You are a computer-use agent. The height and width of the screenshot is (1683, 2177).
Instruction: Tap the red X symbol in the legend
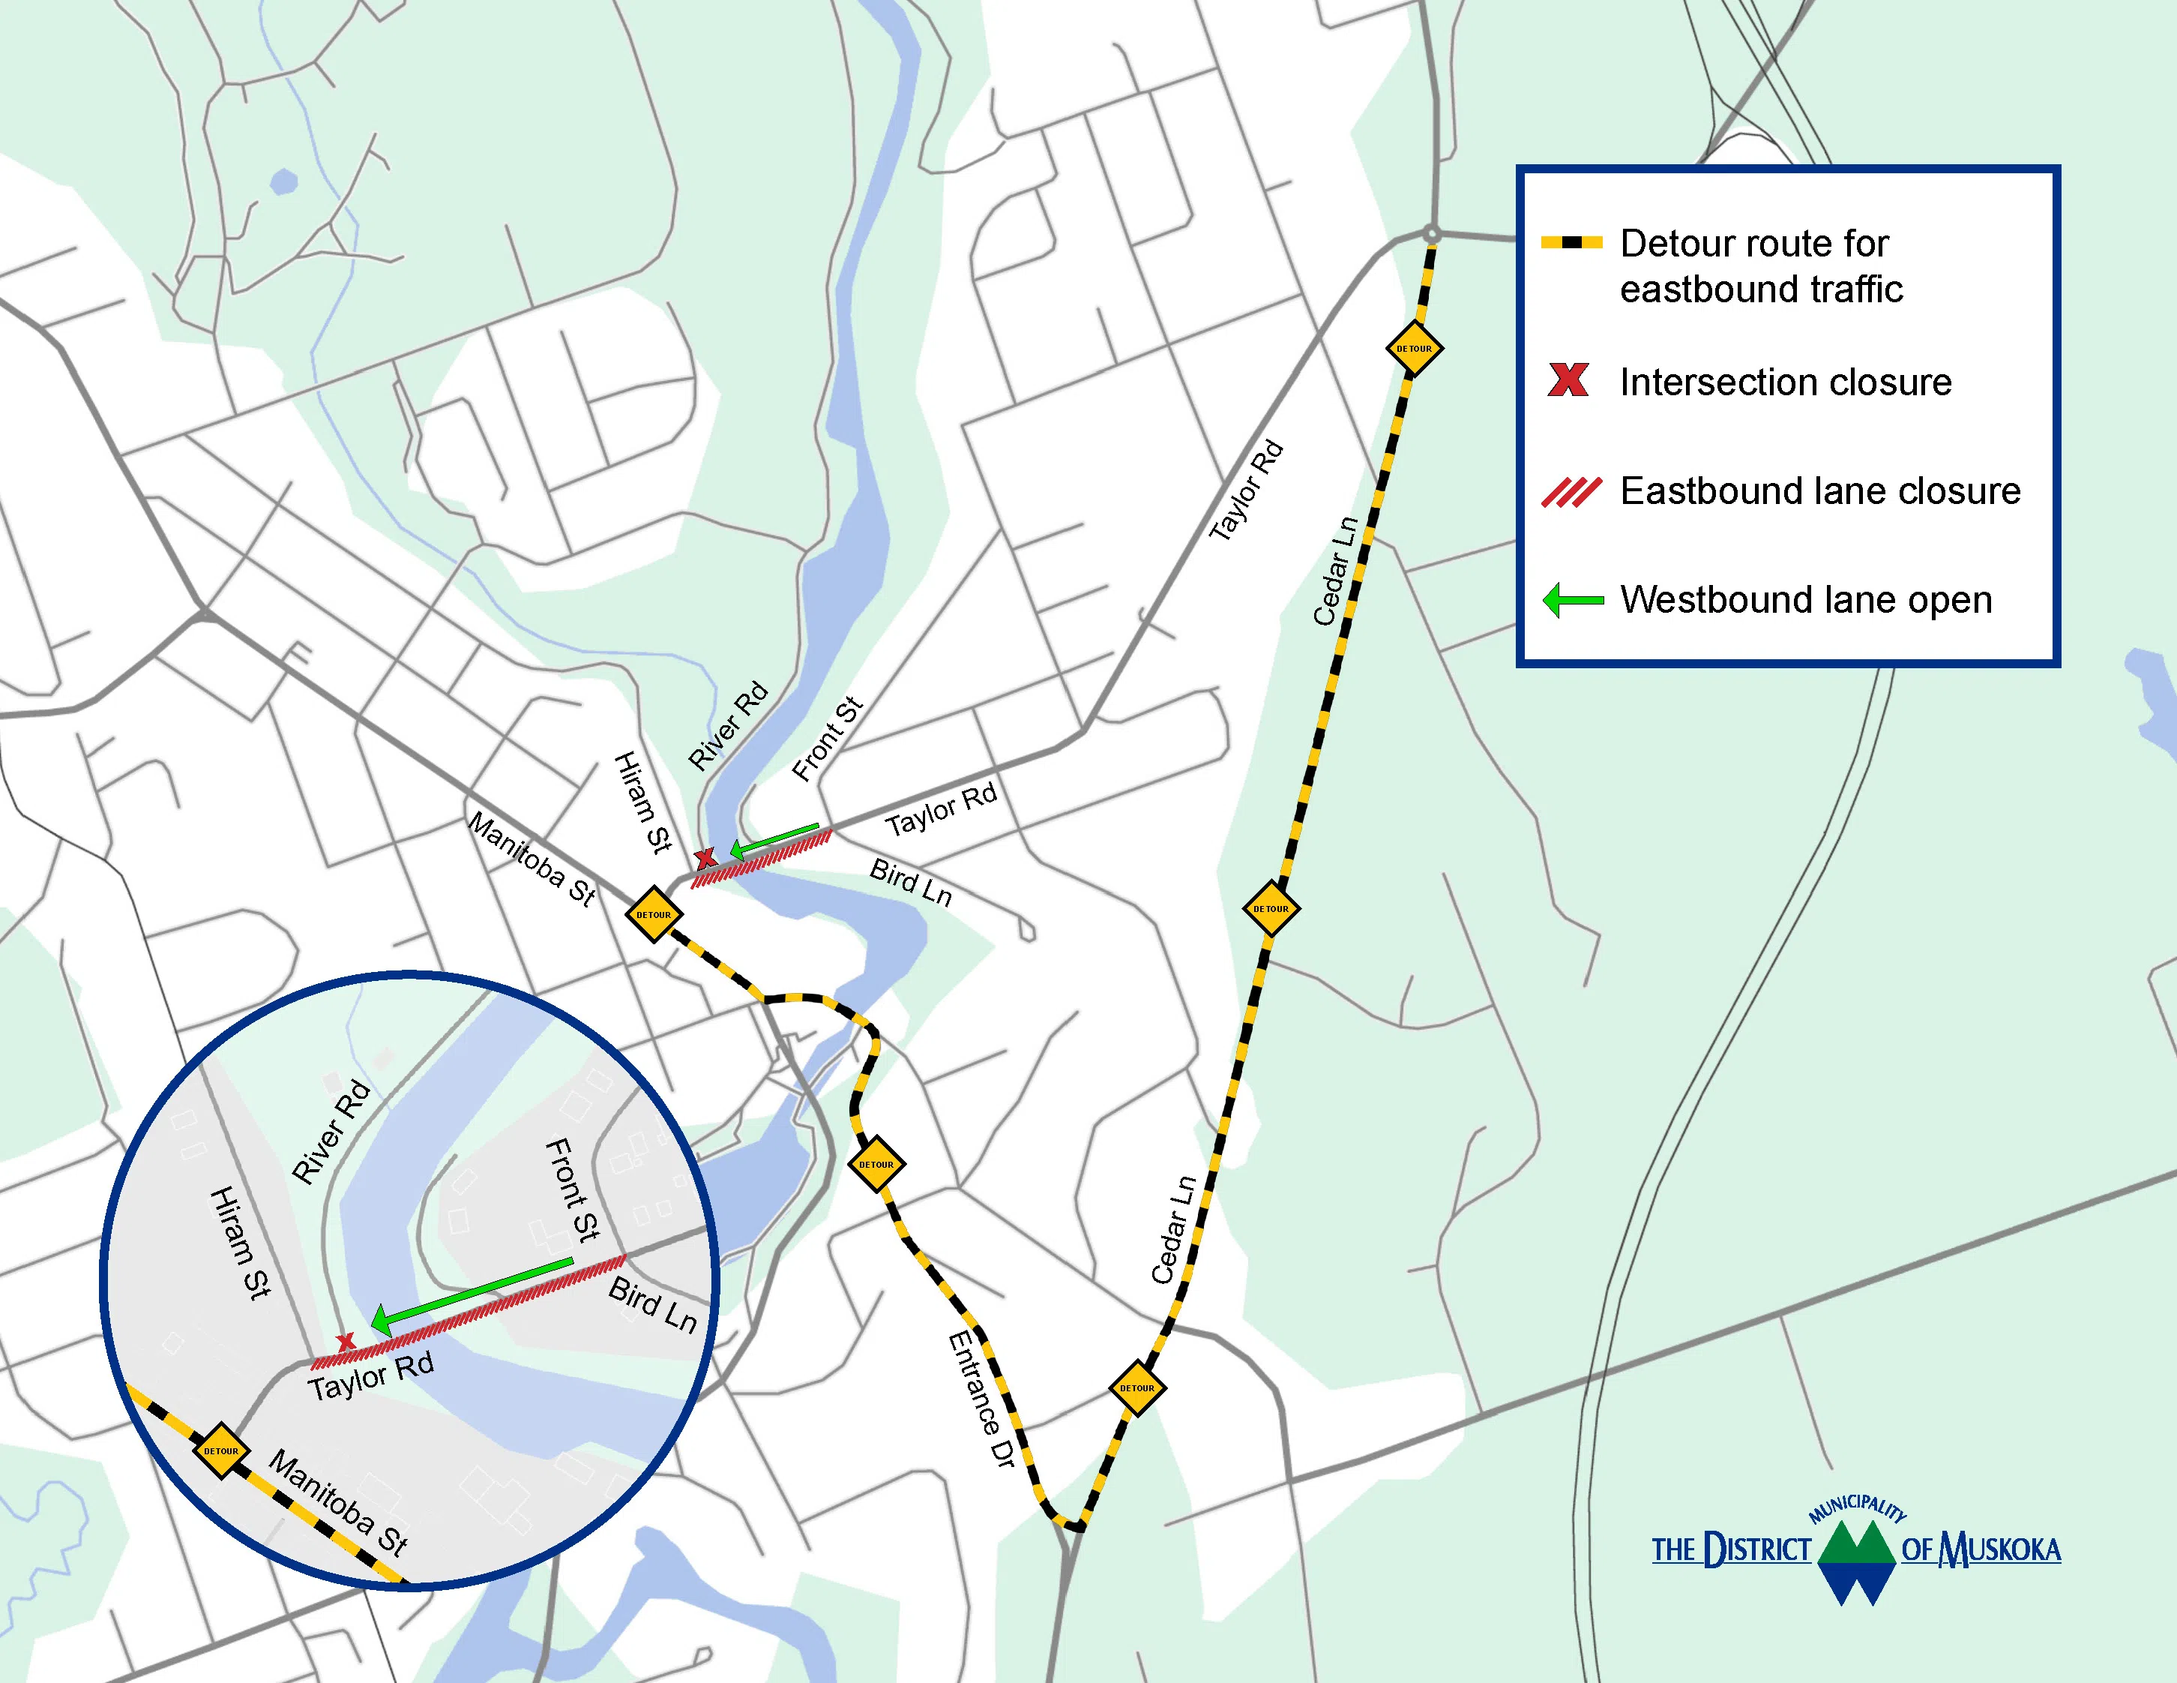[x=1568, y=379]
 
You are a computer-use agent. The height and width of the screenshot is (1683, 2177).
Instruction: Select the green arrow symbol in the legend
[x=1573, y=600]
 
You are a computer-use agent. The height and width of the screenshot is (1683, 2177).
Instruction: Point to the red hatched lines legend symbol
[x=1571, y=491]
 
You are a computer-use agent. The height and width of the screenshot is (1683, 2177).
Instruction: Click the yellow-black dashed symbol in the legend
[x=1572, y=242]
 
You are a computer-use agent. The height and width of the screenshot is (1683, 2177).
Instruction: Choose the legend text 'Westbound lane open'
[x=1805, y=600]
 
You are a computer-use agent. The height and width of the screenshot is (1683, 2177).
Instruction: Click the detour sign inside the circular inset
[x=221, y=1450]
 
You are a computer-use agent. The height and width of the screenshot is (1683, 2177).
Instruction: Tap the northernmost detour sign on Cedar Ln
[x=1413, y=349]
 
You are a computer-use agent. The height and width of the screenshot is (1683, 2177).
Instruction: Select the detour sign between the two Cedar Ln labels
[x=1271, y=908]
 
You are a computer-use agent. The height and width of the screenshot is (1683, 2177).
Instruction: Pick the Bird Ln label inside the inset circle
[x=653, y=1305]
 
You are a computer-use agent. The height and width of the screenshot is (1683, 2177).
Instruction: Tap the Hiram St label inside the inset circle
[x=240, y=1242]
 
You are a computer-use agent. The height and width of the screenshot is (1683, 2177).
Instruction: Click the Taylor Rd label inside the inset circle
[x=371, y=1377]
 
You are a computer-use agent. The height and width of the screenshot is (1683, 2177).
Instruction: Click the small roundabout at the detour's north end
[x=1431, y=235]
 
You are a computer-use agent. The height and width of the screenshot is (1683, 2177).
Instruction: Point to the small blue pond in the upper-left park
[x=284, y=181]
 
